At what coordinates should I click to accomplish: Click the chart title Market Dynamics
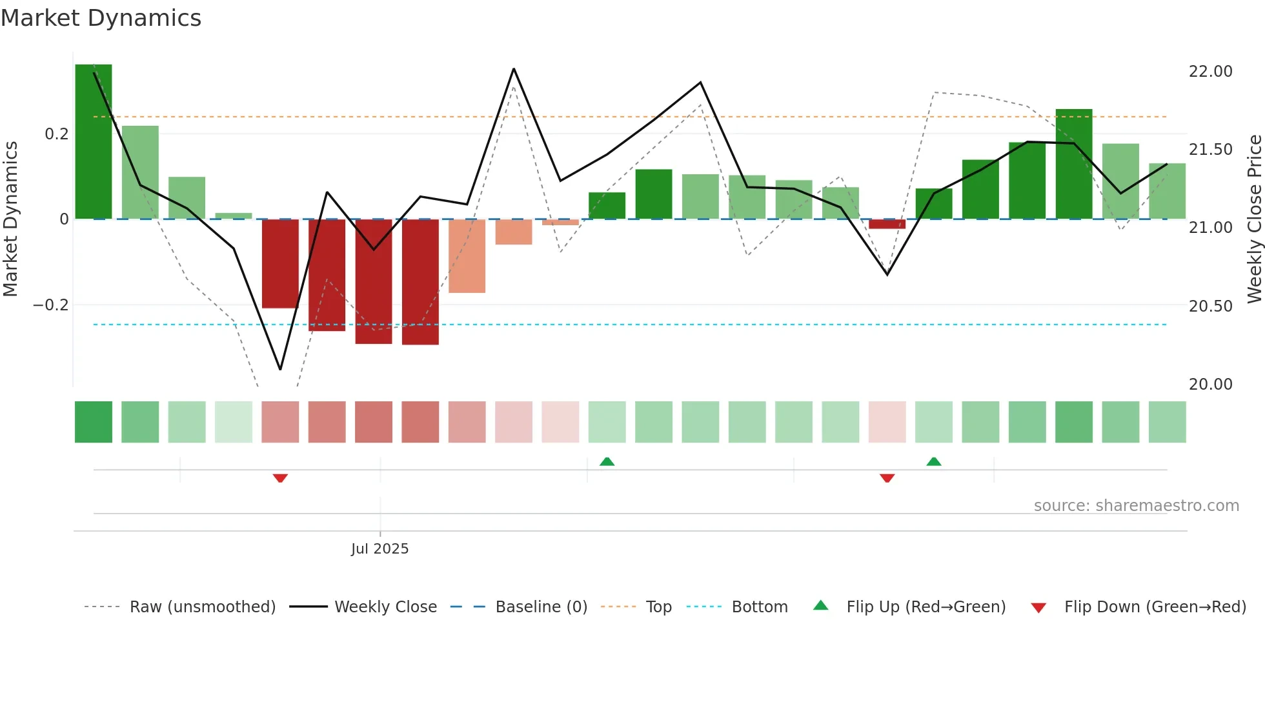(x=101, y=18)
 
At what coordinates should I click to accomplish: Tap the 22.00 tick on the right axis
(x=1210, y=71)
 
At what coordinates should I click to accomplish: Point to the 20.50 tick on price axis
(x=1210, y=306)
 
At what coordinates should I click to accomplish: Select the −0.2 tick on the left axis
(x=50, y=305)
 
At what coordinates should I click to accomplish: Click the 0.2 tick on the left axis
(x=56, y=134)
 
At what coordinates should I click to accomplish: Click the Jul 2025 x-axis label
(x=379, y=548)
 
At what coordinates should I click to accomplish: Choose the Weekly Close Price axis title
(x=1254, y=219)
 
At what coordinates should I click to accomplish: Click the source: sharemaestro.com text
(x=1136, y=505)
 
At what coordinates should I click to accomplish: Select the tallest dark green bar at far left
(x=94, y=142)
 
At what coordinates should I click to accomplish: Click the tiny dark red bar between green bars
(x=887, y=224)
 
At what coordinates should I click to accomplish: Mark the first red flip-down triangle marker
(x=280, y=478)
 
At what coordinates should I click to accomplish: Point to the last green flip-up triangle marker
(x=933, y=461)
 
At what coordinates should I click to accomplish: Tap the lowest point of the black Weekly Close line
(x=280, y=369)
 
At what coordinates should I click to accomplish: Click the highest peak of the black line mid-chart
(x=514, y=69)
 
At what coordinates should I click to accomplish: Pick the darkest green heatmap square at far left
(x=94, y=422)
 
